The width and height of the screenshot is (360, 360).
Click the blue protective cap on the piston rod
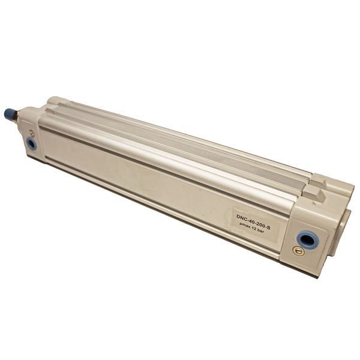pos(10,115)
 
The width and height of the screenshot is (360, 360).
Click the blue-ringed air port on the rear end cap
pos(307,241)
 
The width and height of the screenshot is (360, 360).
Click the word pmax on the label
pos(247,226)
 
